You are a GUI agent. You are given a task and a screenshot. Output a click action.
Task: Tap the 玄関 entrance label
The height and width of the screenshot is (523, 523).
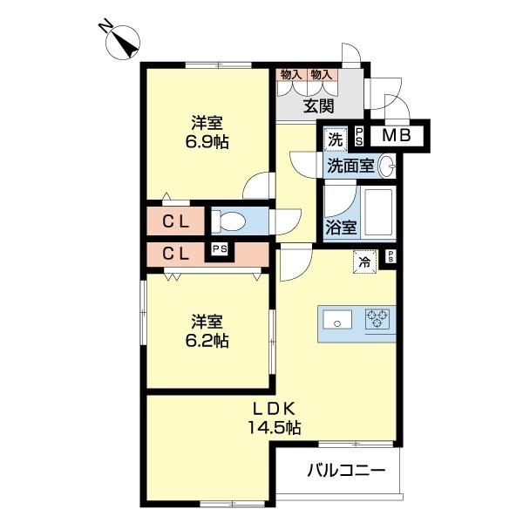pos(320,106)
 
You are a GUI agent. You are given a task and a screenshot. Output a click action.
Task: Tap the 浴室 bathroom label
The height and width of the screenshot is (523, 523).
pos(341,228)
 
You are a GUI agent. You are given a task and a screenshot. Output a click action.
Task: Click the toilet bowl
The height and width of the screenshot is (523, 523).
pos(229,220)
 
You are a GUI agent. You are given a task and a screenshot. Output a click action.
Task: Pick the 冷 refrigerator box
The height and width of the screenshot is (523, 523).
pos(364,259)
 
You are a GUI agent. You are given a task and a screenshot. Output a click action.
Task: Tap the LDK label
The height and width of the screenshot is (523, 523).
pos(276,408)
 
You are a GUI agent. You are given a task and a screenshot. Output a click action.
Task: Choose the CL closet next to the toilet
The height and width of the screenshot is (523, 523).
pos(176,221)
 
